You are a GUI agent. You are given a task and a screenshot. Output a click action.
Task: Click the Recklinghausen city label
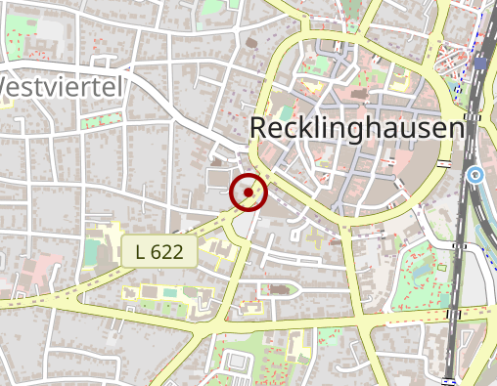tap(356, 129)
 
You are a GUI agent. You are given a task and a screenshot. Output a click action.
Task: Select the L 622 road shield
tap(159, 251)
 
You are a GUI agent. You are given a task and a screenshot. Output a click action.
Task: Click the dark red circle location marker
tap(248, 193)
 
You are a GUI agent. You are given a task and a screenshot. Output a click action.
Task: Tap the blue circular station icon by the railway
tap(475, 176)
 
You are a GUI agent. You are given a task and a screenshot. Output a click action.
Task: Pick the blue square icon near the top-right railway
tap(480, 61)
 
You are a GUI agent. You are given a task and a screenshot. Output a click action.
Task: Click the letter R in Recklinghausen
tap(259, 129)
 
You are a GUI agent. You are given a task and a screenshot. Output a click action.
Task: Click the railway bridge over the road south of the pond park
tap(452, 315)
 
